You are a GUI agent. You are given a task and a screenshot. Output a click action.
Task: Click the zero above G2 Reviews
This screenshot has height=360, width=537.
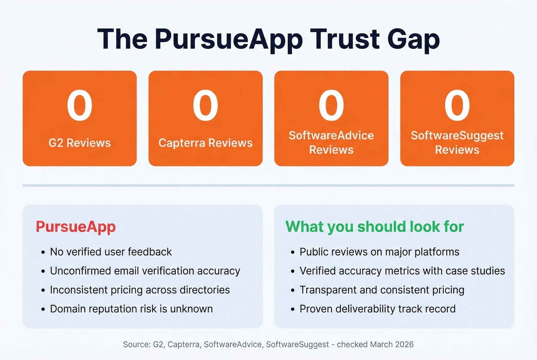pos(80,105)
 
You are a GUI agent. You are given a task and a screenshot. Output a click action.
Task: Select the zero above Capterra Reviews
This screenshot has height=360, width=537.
pos(206,105)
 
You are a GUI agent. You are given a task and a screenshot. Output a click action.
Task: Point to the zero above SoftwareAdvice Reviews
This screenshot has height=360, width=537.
pos(331,105)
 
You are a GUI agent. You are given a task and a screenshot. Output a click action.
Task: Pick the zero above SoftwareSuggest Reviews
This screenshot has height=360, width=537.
pos(457,105)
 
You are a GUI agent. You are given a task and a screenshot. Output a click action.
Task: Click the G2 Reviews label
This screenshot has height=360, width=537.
pos(80,143)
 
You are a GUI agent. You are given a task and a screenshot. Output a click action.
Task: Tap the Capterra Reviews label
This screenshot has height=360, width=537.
pos(206,143)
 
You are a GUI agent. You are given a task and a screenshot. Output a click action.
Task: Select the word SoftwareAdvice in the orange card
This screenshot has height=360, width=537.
pos(331,135)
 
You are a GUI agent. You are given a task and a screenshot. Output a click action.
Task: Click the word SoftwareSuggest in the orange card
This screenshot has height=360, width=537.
pos(457,135)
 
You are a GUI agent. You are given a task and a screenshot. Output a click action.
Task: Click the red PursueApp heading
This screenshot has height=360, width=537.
pos(76,227)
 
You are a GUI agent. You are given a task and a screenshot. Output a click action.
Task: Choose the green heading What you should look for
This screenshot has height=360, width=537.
pos(375,227)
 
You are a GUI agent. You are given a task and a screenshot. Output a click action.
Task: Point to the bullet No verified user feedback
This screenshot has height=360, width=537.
pos(111,252)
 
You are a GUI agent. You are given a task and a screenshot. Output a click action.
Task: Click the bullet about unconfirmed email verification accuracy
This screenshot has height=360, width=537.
pos(145,271)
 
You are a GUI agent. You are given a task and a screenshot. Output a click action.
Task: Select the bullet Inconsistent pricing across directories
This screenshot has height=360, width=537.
pos(140,290)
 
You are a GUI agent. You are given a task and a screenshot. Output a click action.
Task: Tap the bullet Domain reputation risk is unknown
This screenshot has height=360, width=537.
pos(131,309)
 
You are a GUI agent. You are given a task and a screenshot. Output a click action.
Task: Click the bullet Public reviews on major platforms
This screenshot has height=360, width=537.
pos(379,252)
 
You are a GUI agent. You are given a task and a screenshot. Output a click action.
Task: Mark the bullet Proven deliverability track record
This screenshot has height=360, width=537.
pos(377,309)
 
